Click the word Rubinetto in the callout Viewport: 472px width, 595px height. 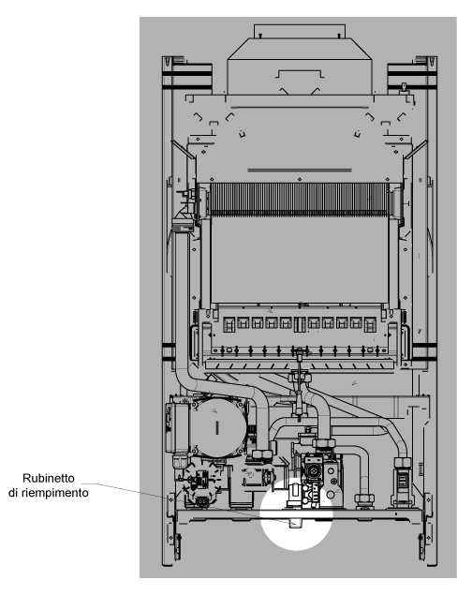coord(49,478)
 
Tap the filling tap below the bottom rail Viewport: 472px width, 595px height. coord(295,523)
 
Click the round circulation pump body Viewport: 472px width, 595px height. coord(217,427)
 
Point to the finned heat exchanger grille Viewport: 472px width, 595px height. coord(300,200)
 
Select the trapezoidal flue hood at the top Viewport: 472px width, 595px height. coord(299,66)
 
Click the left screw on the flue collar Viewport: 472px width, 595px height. coord(260,36)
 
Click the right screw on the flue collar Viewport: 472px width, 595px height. coord(339,36)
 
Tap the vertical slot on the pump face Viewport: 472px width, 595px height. coord(217,427)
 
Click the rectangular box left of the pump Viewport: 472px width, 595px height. coord(177,428)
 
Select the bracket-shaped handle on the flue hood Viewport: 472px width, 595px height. coord(300,74)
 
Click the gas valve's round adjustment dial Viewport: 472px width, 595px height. coord(314,470)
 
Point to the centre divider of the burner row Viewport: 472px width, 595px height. coord(300,324)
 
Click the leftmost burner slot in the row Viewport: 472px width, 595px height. coord(229,324)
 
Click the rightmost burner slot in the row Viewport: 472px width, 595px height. coord(370,324)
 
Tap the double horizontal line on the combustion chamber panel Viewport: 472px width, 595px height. coord(300,170)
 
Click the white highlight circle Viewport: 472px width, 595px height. coord(297,513)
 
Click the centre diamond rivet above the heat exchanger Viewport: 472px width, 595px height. coord(300,179)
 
